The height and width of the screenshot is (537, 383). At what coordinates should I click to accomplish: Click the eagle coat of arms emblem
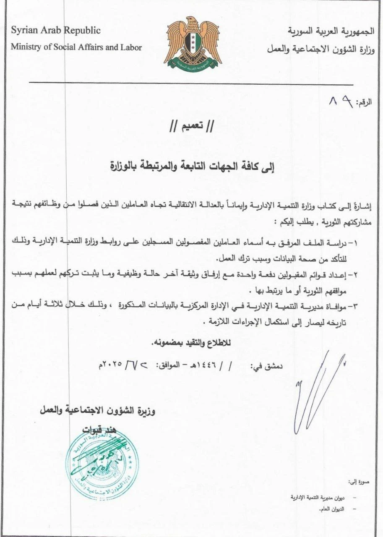pos(193,44)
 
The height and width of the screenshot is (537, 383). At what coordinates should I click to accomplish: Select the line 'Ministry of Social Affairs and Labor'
pos(76,47)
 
